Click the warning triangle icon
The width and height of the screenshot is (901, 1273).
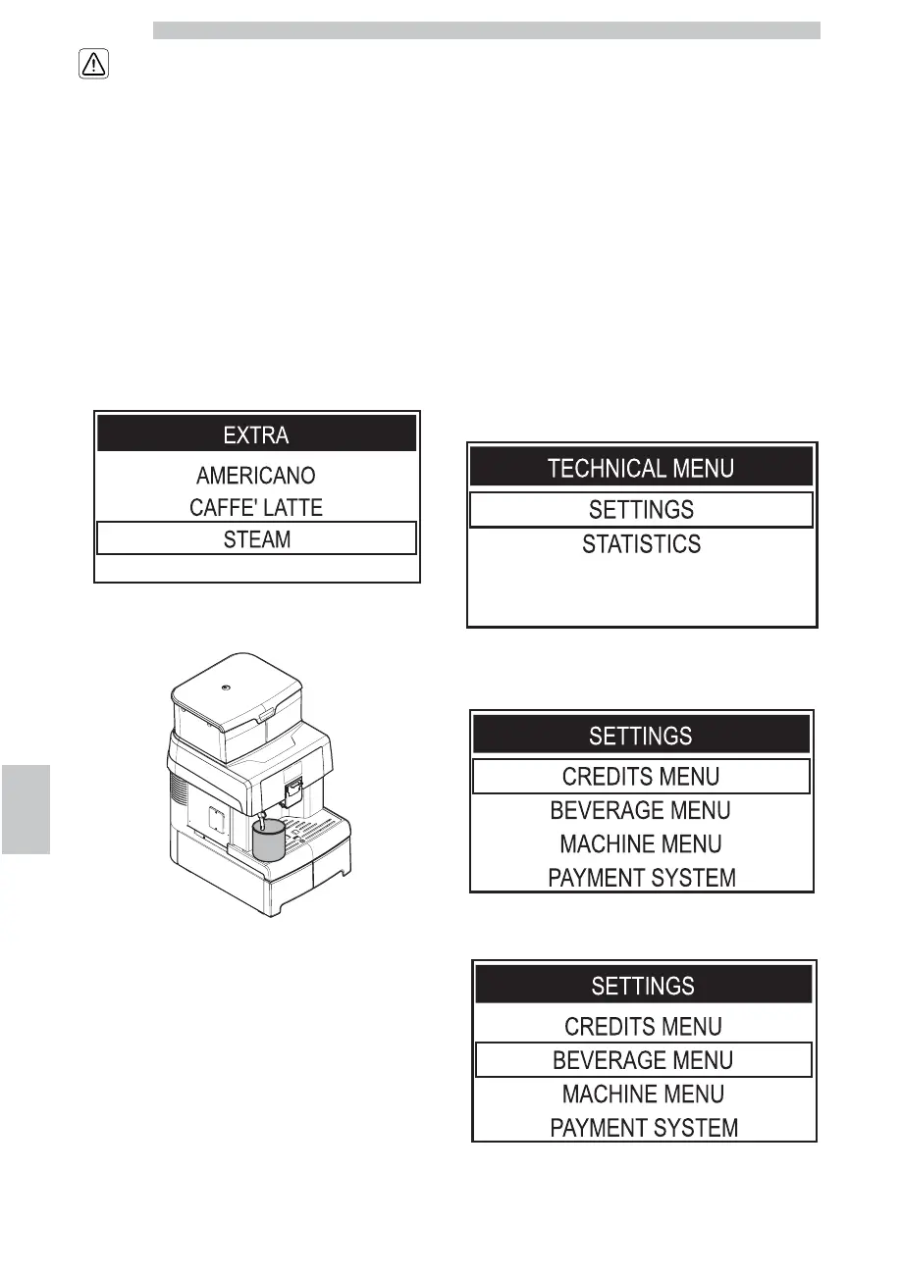(x=92, y=65)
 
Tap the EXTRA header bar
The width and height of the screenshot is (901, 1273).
(x=256, y=433)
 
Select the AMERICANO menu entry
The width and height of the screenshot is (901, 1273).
(x=256, y=476)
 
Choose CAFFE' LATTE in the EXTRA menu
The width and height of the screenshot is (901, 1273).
(x=256, y=508)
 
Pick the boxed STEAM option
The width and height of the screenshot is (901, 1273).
(x=256, y=538)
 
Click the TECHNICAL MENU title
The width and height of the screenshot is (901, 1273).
(x=641, y=468)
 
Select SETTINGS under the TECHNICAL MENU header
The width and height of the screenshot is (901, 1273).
(x=641, y=510)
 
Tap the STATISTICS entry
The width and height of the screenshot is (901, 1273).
(x=641, y=544)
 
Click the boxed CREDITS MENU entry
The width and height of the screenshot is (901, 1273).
(x=641, y=777)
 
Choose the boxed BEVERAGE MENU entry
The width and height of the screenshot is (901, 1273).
(x=643, y=1060)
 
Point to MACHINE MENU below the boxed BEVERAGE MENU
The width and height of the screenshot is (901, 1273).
(x=643, y=1094)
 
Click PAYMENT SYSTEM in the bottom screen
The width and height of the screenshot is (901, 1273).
(x=643, y=1128)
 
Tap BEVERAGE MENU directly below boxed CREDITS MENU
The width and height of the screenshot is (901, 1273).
(x=641, y=811)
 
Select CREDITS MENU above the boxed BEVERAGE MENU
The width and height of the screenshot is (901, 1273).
(x=643, y=1027)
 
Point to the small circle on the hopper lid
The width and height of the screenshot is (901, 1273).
(x=226, y=687)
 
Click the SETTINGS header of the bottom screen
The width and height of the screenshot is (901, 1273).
(x=643, y=985)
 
